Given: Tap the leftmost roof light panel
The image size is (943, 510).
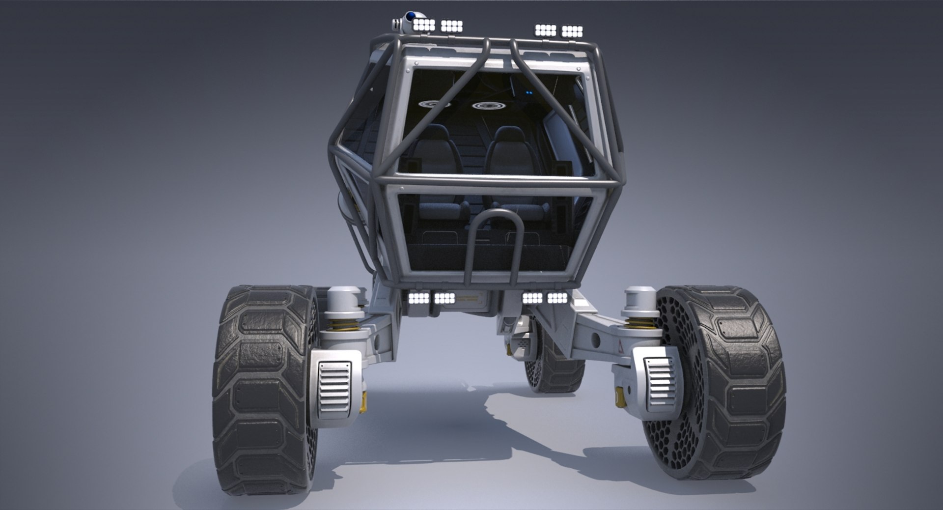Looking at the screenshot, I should (x=424, y=25).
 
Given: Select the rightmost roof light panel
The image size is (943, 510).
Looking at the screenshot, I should (x=572, y=31).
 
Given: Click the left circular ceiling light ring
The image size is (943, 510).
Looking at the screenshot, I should (x=435, y=104).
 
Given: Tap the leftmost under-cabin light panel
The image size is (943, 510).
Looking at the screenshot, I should (x=418, y=298).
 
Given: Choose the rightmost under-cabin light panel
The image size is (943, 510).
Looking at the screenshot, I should (x=557, y=298).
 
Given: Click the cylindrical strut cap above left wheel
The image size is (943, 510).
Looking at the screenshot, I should (x=344, y=298).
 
